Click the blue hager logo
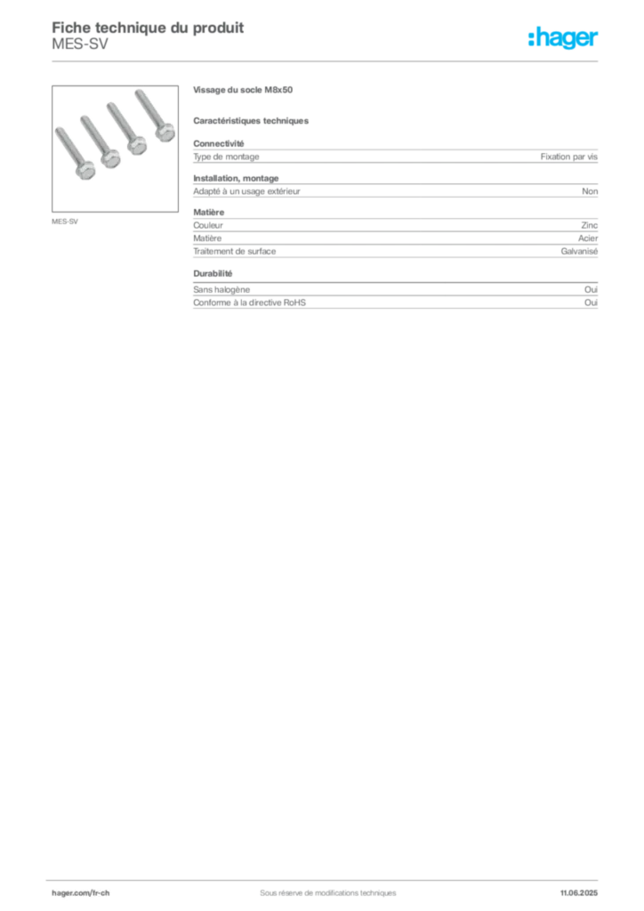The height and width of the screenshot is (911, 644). coord(565,38)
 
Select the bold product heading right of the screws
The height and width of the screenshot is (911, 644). coord(246,91)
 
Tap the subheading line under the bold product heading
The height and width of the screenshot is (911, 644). coord(253,121)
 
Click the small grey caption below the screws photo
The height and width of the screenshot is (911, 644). coord(67,220)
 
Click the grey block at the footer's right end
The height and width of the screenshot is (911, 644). coord(584,887)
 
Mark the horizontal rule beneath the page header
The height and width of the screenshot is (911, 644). coord(326,60)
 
